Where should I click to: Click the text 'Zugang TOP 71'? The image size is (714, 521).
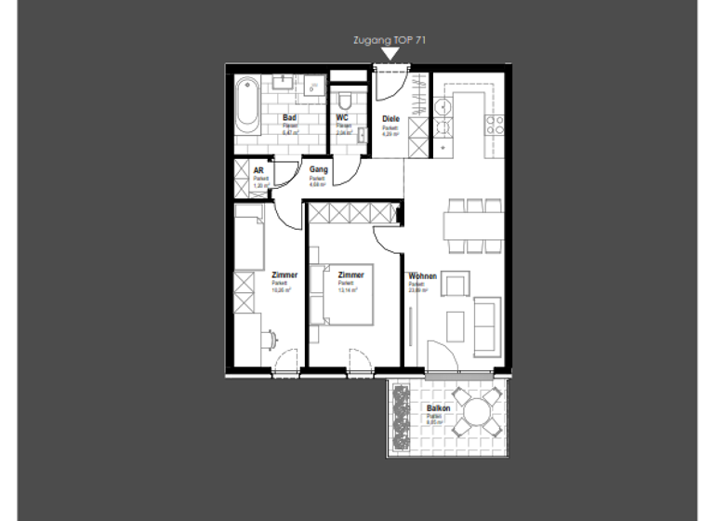click(390, 40)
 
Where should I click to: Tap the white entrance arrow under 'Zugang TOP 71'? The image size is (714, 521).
click(390, 55)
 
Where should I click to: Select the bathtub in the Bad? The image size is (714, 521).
click(246, 106)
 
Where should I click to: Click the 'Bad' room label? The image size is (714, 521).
click(289, 118)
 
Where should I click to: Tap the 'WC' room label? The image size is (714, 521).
click(341, 118)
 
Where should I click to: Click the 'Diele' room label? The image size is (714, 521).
click(391, 118)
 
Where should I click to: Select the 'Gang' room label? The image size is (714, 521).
click(318, 170)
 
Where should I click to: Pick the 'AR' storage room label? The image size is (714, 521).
click(258, 171)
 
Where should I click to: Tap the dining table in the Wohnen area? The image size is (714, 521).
click(472, 224)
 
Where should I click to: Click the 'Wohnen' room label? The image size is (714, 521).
click(422, 276)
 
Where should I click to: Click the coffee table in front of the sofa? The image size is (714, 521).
click(456, 326)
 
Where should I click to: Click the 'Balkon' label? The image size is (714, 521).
click(438, 409)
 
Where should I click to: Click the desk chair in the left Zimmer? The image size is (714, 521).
click(270, 340)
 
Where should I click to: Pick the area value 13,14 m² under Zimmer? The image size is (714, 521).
click(349, 289)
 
